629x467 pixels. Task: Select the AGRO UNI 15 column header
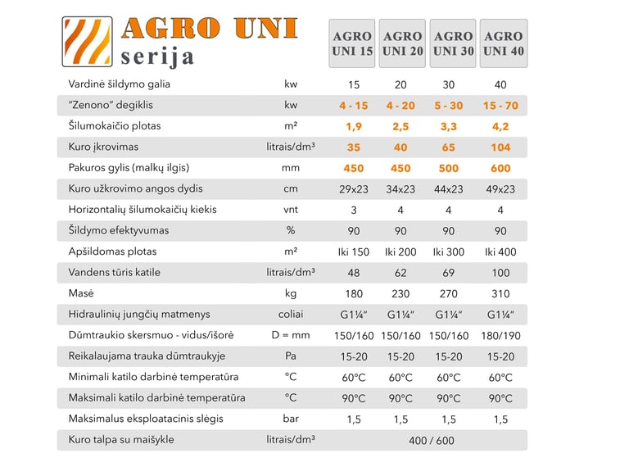click(x=352, y=43)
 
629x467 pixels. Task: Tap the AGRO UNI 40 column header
click(x=503, y=43)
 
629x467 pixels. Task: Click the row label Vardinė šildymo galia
click(x=120, y=84)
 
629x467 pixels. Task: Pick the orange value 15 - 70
click(x=500, y=106)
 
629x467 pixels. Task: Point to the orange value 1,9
click(x=354, y=126)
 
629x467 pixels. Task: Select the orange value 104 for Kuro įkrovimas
click(x=500, y=147)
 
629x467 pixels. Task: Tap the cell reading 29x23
click(x=354, y=189)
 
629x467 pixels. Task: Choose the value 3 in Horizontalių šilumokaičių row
click(x=354, y=211)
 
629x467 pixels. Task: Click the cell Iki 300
click(x=450, y=252)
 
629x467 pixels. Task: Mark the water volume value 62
click(x=400, y=273)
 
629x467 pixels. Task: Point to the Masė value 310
click(x=500, y=294)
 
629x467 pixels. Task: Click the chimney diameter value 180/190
click(x=500, y=336)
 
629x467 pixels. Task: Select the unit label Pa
click(x=290, y=356)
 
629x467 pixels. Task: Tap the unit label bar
click(x=290, y=419)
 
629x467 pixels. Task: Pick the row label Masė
click(x=81, y=294)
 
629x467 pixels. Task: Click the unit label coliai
click(x=290, y=315)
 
